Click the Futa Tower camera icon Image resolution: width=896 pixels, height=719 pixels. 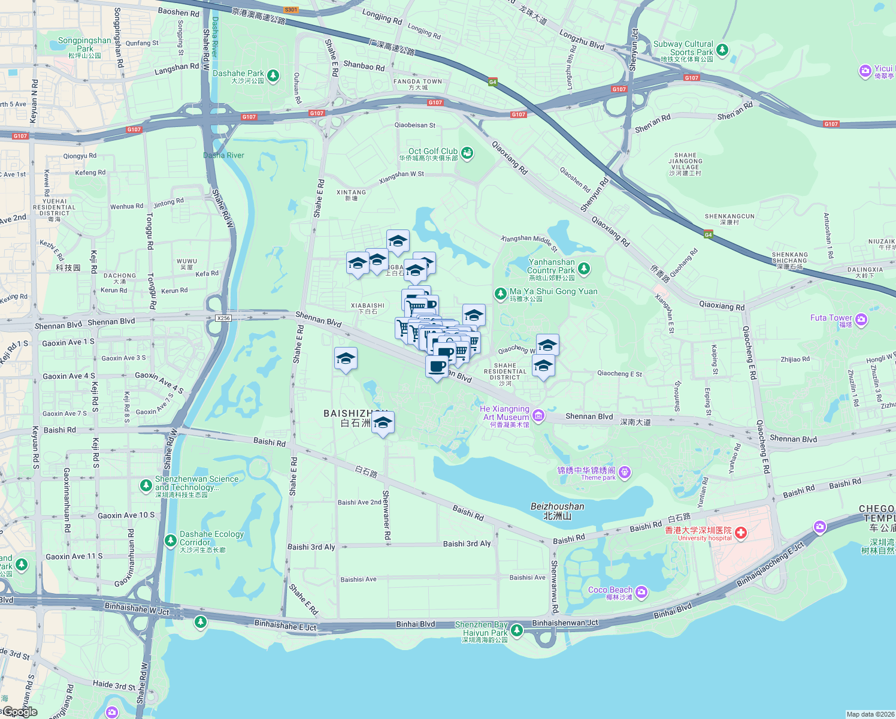pos(861,319)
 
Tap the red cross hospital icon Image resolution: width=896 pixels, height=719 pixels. pos(741,533)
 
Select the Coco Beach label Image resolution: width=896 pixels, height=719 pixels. pos(610,590)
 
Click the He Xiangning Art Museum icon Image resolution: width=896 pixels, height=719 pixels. pos(538,415)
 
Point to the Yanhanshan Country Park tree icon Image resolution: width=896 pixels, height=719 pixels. pos(583,268)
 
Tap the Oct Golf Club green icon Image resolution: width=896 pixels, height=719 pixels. pos(467,153)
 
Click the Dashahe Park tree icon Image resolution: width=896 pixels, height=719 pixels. pos(273,75)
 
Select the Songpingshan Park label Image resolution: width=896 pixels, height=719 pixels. pos(84,44)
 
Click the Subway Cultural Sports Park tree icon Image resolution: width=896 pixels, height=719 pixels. pos(722,50)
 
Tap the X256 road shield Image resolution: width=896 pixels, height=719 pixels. pos(223,318)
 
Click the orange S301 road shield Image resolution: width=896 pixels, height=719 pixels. pos(291,10)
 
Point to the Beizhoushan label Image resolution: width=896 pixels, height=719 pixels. pos(557,507)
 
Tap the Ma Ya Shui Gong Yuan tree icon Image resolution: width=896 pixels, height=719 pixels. pos(500,294)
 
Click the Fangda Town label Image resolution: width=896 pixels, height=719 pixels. pos(417,81)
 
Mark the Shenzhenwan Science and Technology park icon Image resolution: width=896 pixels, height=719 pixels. pos(146,485)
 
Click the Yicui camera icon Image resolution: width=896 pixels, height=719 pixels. pos(865,71)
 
